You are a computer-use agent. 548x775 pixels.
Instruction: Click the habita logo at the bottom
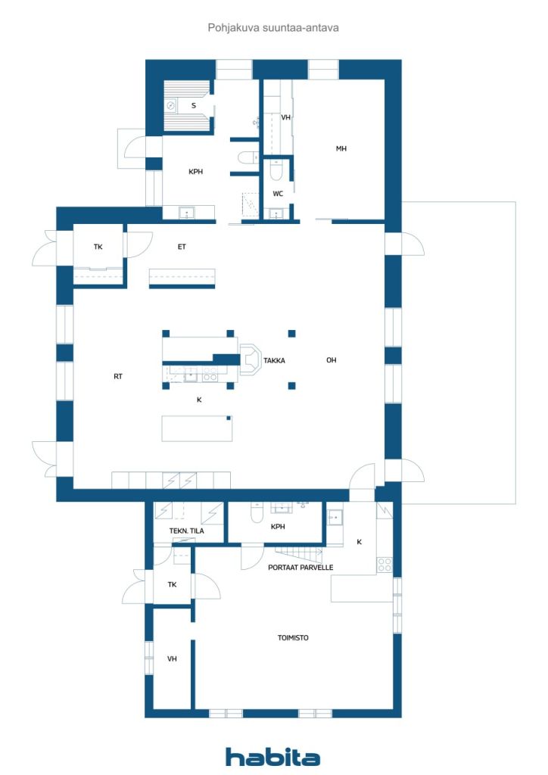pyautogui.click(x=272, y=756)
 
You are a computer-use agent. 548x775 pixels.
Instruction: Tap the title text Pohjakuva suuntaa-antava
pyautogui.click(x=273, y=28)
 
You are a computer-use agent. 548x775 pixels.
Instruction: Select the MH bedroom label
pyautogui.click(x=341, y=148)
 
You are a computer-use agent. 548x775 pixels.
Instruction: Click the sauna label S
pyautogui.click(x=194, y=105)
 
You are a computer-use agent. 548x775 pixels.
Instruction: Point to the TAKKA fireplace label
pyautogui.click(x=274, y=361)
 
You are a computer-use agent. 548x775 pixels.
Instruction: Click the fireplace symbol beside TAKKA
pyautogui.click(x=251, y=358)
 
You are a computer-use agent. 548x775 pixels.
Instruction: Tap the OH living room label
pyautogui.click(x=331, y=360)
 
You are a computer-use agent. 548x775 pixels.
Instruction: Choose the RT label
pyautogui.click(x=117, y=377)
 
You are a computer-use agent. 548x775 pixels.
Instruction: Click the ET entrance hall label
pyautogui.click(x=182, y=247)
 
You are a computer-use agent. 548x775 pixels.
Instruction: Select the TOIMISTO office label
pyautogui.click(x=293, y=638)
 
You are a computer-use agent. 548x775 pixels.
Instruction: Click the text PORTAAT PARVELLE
pyautogui.click(x=300, y=568)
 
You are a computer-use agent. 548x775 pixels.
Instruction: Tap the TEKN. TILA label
pyautogui.click(x=187, y=531)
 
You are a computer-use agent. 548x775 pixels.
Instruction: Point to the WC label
pyautogui.click(x=279, y=194)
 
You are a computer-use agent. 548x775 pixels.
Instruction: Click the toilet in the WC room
pyautogui.click(x=276, y=171)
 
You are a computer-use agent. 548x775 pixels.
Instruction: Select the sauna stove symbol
pyautogui.click(x=171, y=105)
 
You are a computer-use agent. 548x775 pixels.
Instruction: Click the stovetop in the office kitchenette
pyautogui.click(x=385, y=565)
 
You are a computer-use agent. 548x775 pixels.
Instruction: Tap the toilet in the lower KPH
pyautogui.click(x=257, y=514)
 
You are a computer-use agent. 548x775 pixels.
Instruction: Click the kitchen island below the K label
pyautogui.click(x=197, y=428)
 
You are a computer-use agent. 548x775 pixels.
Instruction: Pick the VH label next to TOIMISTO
pyautogui.click(x=172, y=659)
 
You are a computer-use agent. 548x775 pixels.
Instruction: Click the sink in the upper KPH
pyautogui.click(x=187, y=213)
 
